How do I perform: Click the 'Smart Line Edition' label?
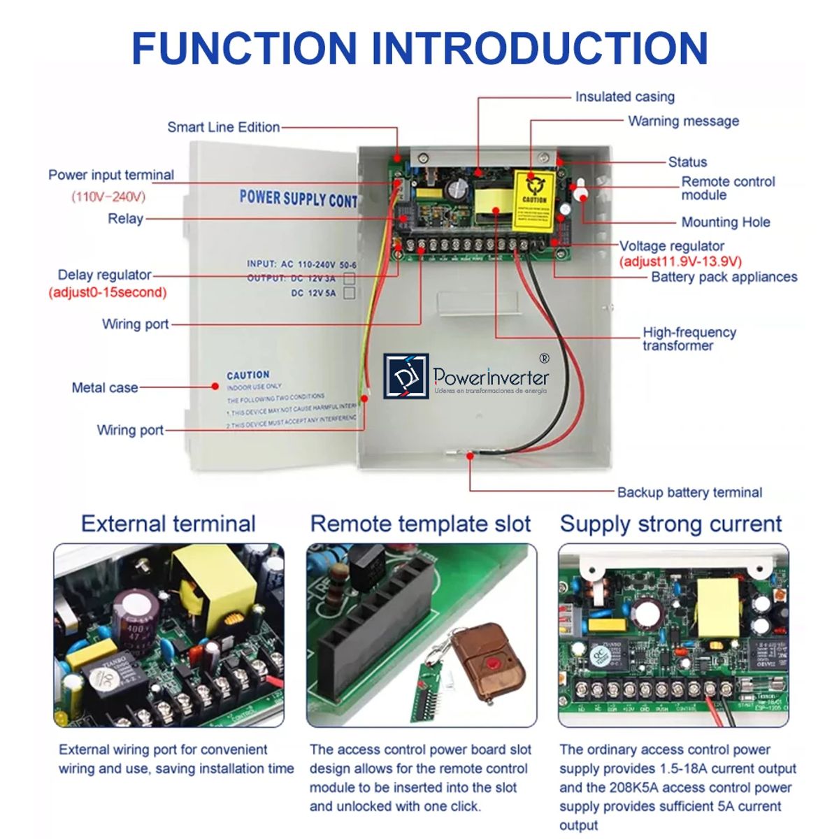click(223, 127)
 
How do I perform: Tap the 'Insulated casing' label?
click(624, 97)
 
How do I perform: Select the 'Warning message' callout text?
click(683, 121)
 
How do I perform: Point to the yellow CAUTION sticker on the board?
click(534, 201)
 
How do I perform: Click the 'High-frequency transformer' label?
click(689, 338)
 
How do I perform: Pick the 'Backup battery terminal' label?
click(689, 492)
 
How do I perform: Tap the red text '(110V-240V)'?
click(108, 196)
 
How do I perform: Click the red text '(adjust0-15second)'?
click(108, 292)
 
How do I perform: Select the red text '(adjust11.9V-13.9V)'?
click(680, 261)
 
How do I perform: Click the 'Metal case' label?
click(105, 387)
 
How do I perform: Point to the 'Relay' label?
click(125, 219)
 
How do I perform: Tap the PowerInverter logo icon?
click(406, 376)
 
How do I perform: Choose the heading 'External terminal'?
click(168, 524)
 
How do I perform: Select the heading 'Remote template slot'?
click(420, 524)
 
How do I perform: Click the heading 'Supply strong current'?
click(671, 524)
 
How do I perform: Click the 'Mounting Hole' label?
click(725, 222)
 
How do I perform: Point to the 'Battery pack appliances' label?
click(724, 277)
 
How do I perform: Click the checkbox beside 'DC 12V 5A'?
click(349, 293)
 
